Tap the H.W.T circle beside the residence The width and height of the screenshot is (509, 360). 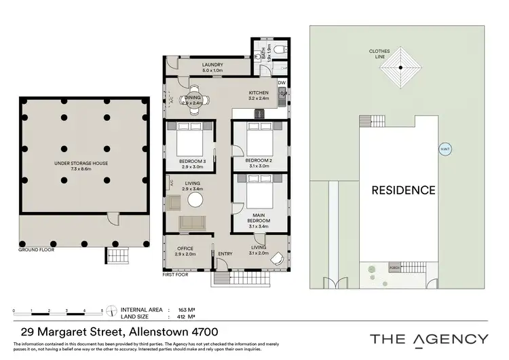click(x=444, y=150)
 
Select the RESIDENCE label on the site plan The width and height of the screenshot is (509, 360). click(x=403, y=190)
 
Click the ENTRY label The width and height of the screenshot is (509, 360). click(x=224, y=254)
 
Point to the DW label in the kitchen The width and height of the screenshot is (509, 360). click(x=281, y=83)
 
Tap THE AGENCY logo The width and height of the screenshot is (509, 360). click(x=428, y=338)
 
